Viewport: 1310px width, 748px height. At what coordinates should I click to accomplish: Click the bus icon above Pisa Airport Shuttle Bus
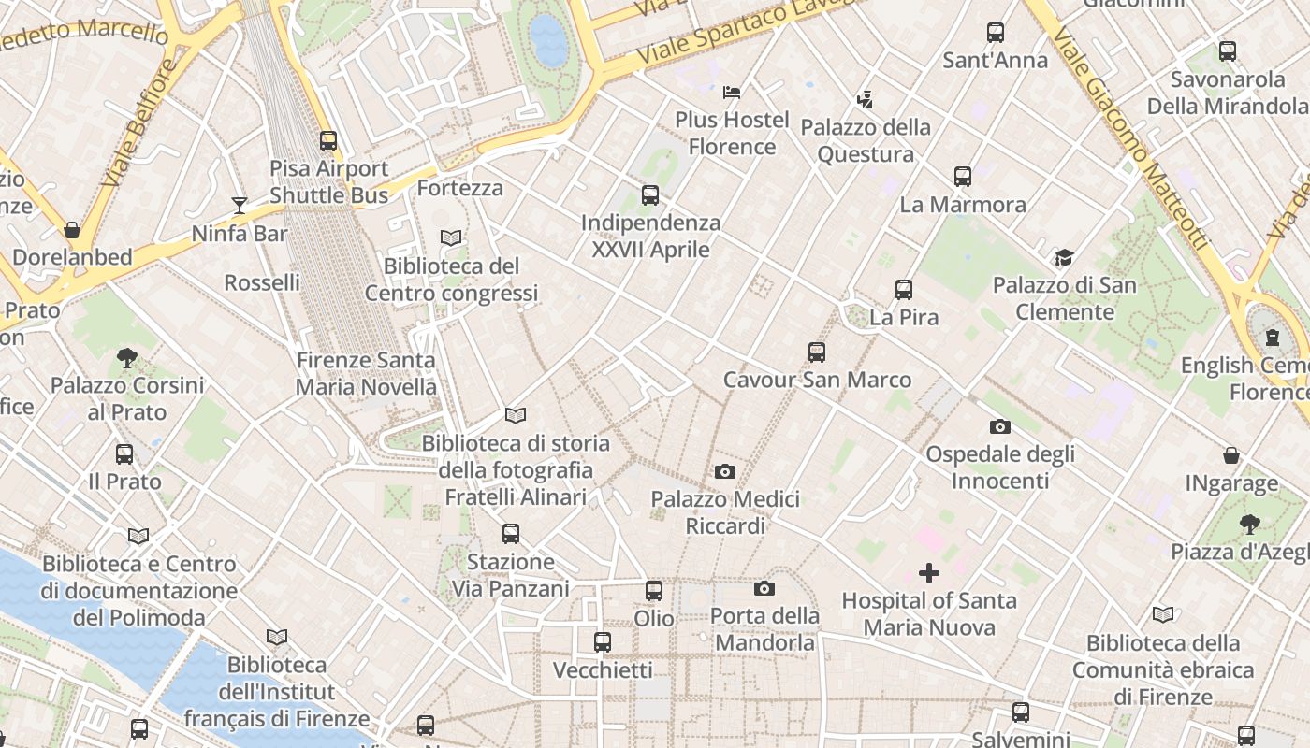point(327,141)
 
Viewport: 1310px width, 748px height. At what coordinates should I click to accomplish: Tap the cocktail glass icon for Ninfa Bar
point(240,206)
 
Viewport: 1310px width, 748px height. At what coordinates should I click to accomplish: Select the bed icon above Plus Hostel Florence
point(732,93)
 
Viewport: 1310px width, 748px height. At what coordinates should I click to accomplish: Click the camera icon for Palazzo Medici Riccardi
point(724,471)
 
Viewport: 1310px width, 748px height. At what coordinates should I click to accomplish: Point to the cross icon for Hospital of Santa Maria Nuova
point(929,572)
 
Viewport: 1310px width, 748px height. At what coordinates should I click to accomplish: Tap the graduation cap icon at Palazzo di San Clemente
point(1064,257)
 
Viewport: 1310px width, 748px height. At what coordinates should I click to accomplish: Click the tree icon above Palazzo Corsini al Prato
point(127,357)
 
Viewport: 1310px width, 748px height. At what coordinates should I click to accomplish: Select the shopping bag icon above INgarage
point(1231,455)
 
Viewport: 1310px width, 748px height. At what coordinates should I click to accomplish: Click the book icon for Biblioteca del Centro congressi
point(451,238)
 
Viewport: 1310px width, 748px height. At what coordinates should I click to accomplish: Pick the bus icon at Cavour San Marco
point(817,352)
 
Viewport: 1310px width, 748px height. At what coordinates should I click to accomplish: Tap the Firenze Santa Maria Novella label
point(366,373)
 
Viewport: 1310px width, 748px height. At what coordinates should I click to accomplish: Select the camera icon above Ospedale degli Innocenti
point(1000,426)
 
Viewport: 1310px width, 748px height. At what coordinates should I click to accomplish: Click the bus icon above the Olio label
point(654,591)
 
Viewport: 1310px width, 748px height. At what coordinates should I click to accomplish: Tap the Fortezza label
point(459,188)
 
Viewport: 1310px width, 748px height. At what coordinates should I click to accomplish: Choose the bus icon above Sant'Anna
point(996,33)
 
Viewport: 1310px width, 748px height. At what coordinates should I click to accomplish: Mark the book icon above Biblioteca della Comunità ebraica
point(1163,615)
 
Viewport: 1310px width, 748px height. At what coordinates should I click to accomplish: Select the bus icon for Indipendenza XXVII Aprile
point(650,195)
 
